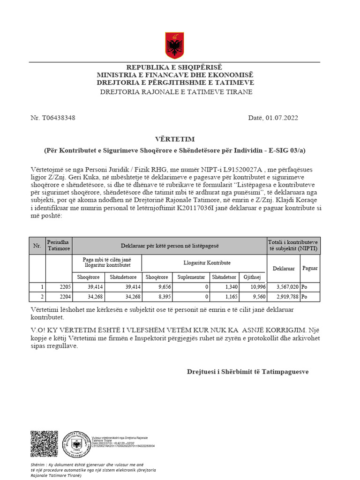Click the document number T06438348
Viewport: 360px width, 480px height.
(58, 118)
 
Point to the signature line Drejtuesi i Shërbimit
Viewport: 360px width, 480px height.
(247, 371)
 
